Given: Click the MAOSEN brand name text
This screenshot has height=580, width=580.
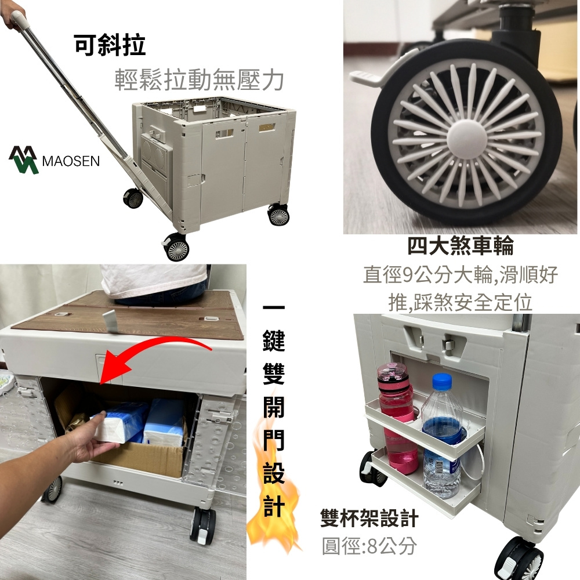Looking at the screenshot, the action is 71,161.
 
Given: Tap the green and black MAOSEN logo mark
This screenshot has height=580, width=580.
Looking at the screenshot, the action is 23,160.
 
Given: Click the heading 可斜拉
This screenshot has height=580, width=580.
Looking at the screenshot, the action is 110,45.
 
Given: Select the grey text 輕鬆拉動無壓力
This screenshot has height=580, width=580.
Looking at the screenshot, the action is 199,79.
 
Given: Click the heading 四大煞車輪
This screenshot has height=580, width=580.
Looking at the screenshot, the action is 461,245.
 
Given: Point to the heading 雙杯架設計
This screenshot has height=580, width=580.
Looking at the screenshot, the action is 369,518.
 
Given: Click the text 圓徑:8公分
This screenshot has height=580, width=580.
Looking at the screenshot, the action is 369,546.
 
